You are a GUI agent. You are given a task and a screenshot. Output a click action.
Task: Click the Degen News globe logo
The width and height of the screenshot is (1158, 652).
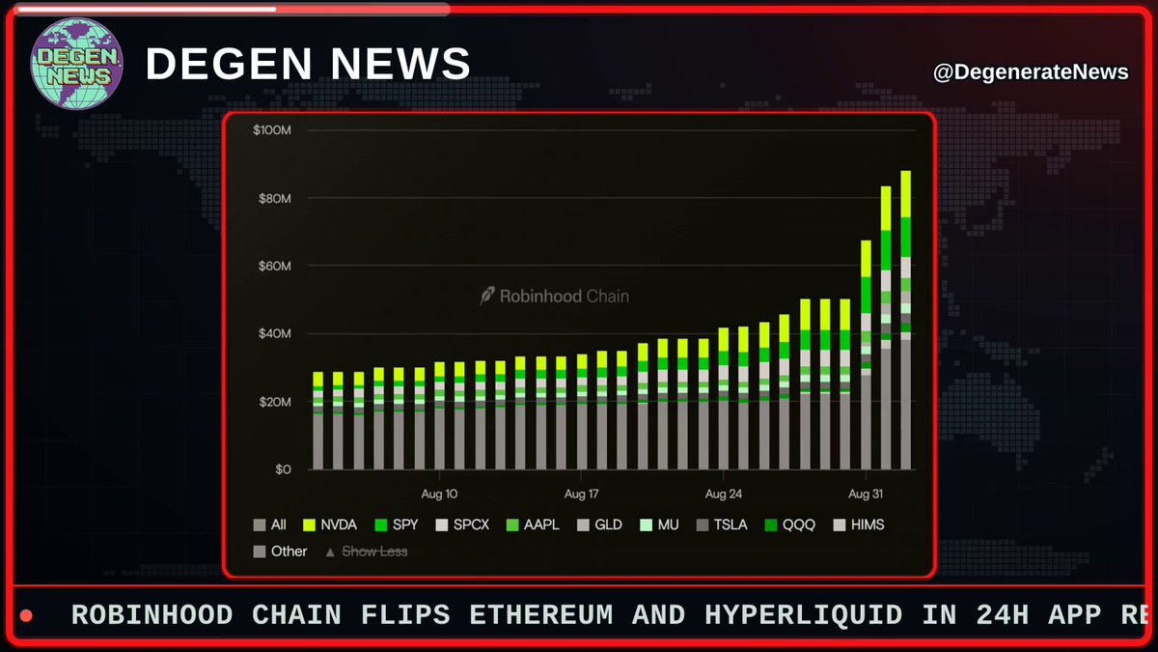coord(76,63)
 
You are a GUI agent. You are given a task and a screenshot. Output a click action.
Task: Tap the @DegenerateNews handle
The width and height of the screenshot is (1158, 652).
coord(1031,71)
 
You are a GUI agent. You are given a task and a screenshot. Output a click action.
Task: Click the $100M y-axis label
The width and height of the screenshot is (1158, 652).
coord(272,129)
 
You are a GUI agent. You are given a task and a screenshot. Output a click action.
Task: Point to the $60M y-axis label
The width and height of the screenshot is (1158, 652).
coord(274,266)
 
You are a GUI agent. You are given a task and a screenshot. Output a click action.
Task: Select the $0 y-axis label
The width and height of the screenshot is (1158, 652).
coord(283,469)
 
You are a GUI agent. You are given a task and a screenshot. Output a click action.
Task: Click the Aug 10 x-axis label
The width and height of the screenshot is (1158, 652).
coord(439,494)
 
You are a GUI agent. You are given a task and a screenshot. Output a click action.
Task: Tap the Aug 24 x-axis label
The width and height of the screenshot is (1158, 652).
coord(723,494)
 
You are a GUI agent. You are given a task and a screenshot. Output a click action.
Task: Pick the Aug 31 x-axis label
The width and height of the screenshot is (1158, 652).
coord(866,494)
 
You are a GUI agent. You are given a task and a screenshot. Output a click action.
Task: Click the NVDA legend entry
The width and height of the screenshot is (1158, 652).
coord(329,524)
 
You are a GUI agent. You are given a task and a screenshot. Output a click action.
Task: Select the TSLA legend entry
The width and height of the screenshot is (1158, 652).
coord(722,524)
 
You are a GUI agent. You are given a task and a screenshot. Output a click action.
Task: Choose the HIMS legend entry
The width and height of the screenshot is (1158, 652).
coord(859,524)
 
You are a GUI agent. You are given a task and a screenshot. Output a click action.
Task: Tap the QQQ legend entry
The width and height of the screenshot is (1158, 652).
coord(790,524)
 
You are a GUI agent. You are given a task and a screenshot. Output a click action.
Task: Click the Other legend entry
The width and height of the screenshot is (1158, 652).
coord(280,552)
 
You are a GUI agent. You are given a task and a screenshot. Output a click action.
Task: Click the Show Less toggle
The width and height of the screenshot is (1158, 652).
coord(367,552)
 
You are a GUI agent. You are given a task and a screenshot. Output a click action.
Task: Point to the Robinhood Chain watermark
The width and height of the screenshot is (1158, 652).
coord(554,296)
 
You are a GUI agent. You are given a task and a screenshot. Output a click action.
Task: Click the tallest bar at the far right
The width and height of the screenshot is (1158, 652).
coord(906,321)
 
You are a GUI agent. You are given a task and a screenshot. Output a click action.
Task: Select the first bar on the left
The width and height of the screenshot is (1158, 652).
coord(317,421)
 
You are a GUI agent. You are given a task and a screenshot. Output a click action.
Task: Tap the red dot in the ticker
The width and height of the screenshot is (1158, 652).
coord(26,616)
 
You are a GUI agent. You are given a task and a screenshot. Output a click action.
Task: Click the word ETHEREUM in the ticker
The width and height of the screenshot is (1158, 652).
coord(540,615)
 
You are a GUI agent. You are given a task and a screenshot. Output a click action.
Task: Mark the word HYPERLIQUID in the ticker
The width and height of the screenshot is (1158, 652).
coord(803,616)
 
